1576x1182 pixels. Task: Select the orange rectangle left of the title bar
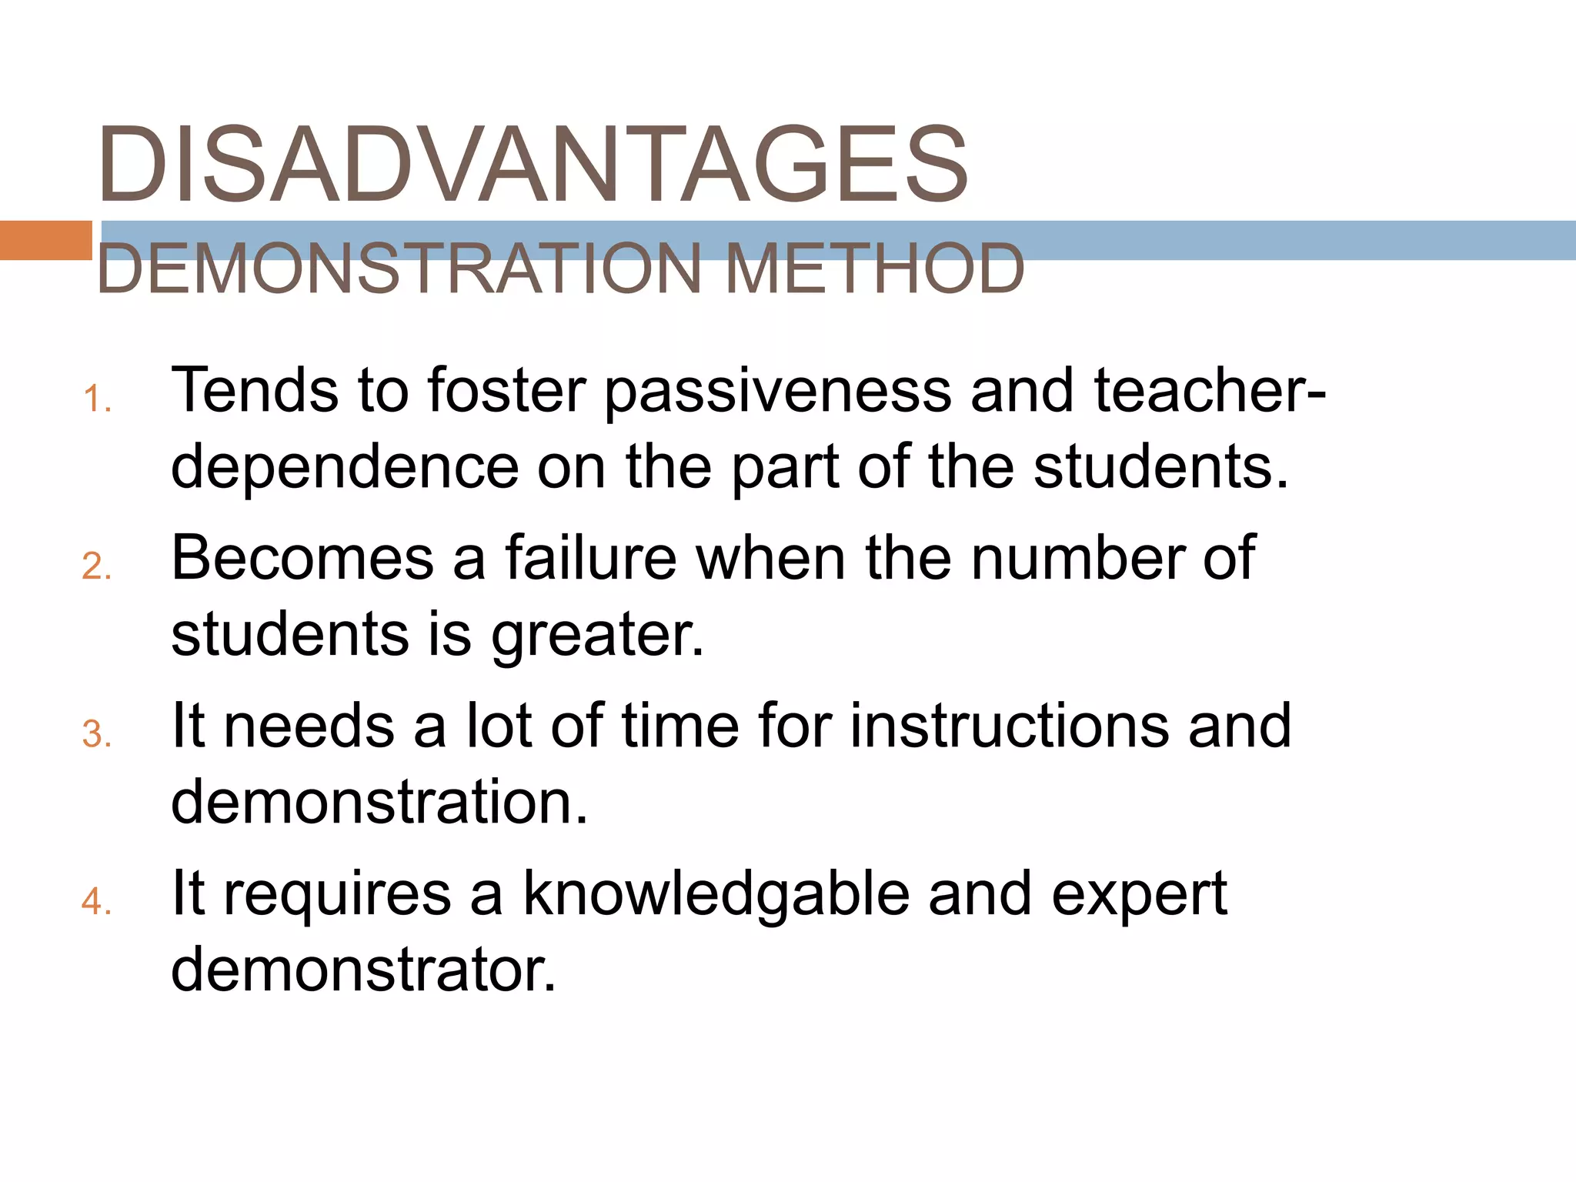pyautogui.click(x=45, y=240)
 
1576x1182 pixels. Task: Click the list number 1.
pyautogui.click(x=95, y=400)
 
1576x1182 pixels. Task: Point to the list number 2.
pyautogui.click(x=95, y=567)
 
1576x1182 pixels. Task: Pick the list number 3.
pyautogui.click(x=95, y=734)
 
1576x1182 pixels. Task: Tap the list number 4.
pyautogui.click(x=95, y=901)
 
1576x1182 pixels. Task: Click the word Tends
pyautogui.click(x=254, y=391)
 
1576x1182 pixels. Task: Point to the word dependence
pyautogui.click(x=345, y=467)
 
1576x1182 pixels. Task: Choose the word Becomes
pyautogui.click(x=302, y=558)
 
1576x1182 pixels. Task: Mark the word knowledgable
pyautogui.click(x=716, y=895)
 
